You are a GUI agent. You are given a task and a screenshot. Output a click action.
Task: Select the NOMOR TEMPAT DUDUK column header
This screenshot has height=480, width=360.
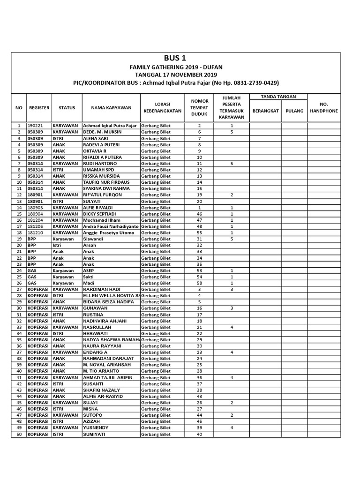coord(199,107)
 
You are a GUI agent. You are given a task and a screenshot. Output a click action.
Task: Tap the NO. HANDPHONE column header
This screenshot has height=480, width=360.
coord(324,107)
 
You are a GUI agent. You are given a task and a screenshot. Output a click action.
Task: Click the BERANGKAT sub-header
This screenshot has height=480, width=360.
coord(265,111)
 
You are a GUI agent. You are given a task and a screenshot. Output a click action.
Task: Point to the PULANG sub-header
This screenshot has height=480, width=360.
coord(294,111)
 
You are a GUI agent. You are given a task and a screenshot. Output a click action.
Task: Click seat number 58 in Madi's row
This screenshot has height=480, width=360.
coord(199,283)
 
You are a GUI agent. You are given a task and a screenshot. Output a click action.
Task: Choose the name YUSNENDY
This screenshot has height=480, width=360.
coord(97,427)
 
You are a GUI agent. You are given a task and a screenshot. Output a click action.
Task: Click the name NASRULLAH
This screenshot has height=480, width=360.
coord(97,327)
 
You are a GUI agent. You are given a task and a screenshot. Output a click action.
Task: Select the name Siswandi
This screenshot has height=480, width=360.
coord(94,239)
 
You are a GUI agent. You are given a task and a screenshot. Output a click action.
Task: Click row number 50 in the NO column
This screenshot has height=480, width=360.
coord(19,434)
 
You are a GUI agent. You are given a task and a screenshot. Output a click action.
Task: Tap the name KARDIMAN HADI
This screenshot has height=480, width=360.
coord(102,289)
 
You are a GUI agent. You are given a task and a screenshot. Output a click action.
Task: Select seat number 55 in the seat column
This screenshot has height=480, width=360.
coord(199,232)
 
